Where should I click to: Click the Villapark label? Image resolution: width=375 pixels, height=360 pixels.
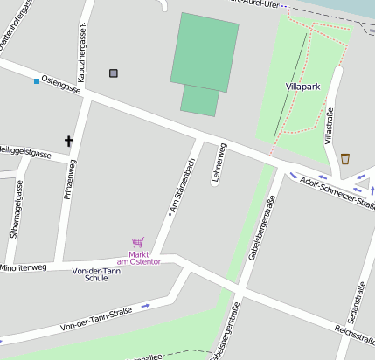coord(303,87)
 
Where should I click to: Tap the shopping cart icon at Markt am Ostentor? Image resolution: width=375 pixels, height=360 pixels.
coord(137,242)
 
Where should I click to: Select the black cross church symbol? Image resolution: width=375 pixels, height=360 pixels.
coord(68,140)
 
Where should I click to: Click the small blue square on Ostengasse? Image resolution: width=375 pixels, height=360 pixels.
coord(36,81)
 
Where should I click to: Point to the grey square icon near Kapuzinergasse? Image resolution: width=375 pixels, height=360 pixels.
coord(113,73)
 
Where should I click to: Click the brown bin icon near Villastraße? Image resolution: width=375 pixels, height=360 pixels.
coord(345,158)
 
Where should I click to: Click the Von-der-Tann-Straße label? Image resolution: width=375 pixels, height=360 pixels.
coord(96,319)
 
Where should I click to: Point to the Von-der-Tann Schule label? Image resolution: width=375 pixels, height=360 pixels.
coord(96,274)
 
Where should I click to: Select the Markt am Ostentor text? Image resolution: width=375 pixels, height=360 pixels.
coord(138,258)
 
